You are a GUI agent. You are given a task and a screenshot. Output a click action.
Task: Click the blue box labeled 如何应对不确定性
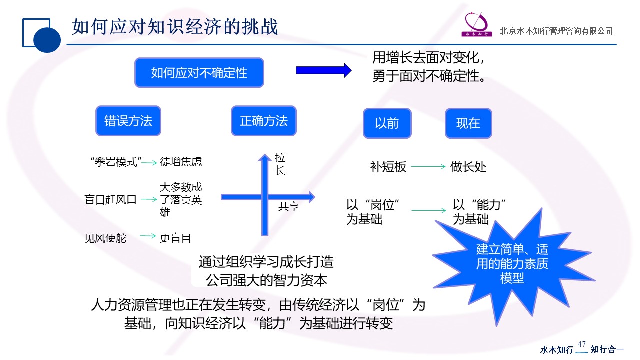pos(199,73)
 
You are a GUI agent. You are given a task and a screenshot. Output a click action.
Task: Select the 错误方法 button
pos(128,121)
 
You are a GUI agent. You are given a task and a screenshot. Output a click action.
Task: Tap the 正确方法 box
pos(264,121)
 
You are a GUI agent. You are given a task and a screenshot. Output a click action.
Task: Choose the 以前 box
pos(387,123)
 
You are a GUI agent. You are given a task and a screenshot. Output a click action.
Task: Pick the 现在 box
pos(468,123)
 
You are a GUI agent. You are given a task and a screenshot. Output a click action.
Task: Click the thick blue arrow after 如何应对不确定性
pos(324,70)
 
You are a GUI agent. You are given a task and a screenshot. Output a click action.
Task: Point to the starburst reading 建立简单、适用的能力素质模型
pos(512,264)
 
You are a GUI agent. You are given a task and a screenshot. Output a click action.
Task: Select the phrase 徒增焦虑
pos(181,162)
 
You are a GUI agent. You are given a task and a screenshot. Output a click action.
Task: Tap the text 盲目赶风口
pos(111,200)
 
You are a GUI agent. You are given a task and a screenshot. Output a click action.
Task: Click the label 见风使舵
pos(105,238)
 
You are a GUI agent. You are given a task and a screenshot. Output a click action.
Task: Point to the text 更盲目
pos(175,238)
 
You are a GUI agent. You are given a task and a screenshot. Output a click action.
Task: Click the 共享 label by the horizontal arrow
pos(289,206)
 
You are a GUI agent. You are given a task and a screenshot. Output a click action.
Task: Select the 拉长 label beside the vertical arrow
pos(280,164)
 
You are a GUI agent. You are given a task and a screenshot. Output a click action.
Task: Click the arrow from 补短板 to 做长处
pos(428,167)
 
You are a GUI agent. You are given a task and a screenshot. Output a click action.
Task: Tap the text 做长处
pos(468,167)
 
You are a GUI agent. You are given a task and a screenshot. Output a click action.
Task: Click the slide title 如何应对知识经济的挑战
pos(175,27)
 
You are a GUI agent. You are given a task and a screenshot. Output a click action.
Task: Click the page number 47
pos(581,344)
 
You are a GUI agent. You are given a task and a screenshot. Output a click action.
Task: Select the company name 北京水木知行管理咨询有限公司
pos(556,31)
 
